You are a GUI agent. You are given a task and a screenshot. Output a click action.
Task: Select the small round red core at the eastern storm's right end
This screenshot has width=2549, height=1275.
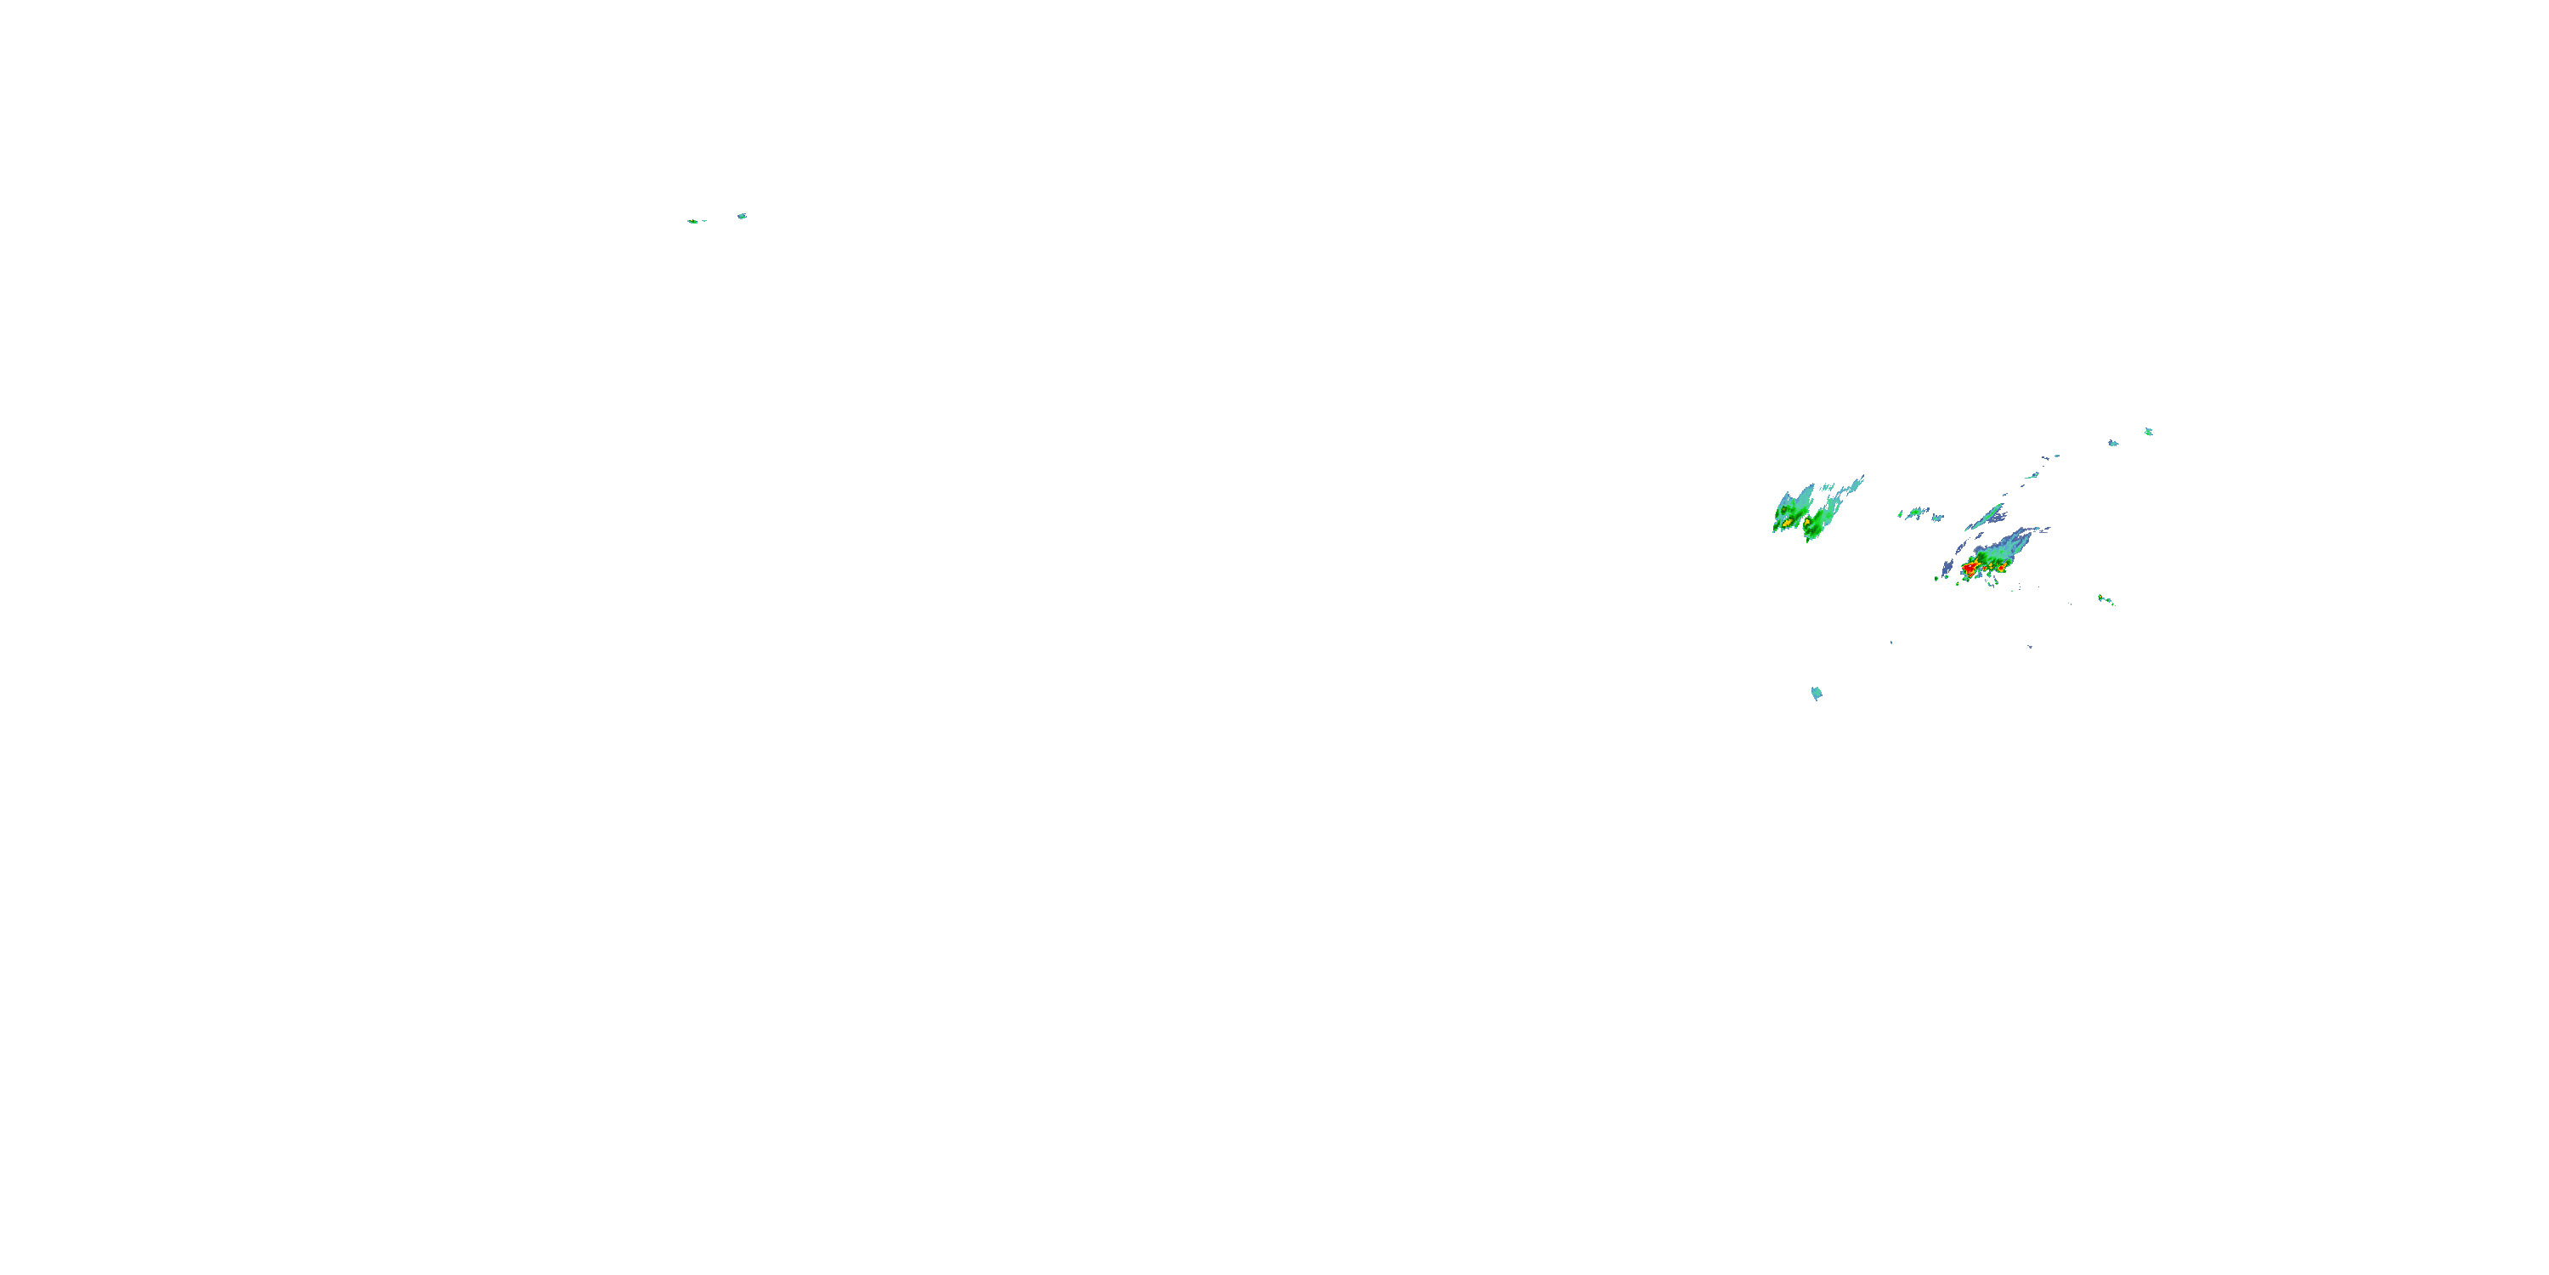tap(2001, 568)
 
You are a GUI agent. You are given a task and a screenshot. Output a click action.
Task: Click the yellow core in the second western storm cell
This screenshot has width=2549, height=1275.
tap(1808, 522)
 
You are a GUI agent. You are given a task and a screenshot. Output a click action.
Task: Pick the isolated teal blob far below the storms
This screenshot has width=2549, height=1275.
tap(1817, 693)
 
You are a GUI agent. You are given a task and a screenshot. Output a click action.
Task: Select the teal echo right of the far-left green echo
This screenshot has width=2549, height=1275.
tap(741, 216)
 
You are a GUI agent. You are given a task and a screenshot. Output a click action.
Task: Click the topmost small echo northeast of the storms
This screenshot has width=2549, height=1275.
tap(2148, 432)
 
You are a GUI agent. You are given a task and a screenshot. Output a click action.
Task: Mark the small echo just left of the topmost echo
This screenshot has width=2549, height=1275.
tap(2112, 443)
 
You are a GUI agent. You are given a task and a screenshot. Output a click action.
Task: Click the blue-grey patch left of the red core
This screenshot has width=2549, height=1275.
tap(1947, 567)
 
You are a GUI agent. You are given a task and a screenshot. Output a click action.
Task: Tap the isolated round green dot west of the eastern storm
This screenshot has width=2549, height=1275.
tap(1936, 578)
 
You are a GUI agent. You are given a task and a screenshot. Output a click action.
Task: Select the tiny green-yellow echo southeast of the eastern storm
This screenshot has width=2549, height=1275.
tap(2105, 599)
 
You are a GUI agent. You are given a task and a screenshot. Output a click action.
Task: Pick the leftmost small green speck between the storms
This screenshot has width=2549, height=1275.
tap(1901, 513)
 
